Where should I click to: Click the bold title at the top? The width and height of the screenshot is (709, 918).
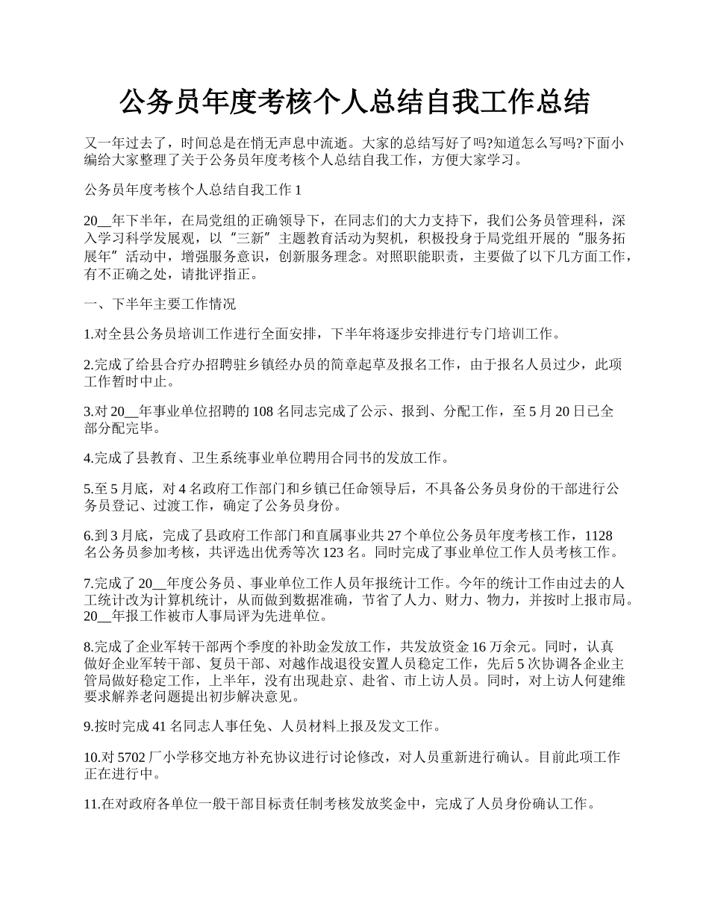354,102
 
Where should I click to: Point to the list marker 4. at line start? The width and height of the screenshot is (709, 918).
88,458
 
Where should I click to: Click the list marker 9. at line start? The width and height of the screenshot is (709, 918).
88,725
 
